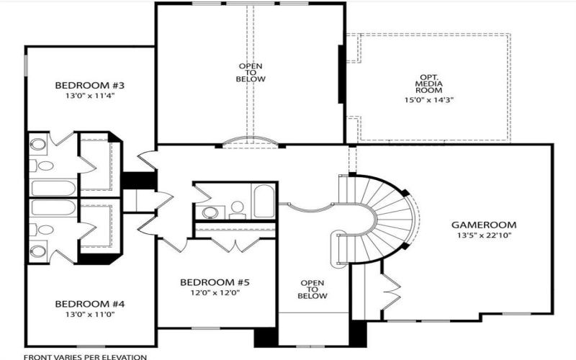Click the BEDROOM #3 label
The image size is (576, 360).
pyautogui.click(x=90, y=86)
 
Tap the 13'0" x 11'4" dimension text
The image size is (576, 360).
pyautogui.click(x=90, y=95)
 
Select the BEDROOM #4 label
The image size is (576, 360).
pyautogui.click(x=90, y=304)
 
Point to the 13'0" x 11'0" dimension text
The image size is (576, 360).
pyautogui.click(x=90, y=314)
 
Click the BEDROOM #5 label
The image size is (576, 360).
pyautogui.click(x=215, y=282)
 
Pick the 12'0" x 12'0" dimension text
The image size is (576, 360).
pyautogui.click(x=215, y=292)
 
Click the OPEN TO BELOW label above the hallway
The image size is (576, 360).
pyautogui.click(x=251, y=72)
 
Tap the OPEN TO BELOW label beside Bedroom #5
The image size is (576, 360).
pyautogui.click(x=313, y=289)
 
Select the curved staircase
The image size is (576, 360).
pyautogui.click(x=389, y=216)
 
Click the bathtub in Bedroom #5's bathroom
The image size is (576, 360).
pyautogui.click(x=262, y=200)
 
